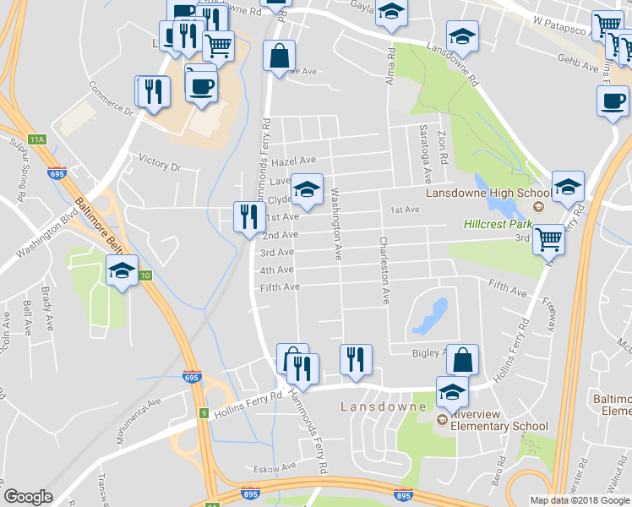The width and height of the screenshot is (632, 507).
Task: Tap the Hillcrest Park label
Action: [x=498, y=225]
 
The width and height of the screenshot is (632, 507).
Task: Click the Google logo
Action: [x=28, y=497]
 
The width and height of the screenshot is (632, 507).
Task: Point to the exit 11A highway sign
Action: [x=35, y=139]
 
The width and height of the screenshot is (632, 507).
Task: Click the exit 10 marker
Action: [x=145, y=275]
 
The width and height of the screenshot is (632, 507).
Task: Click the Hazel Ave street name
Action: [x=294, y=161]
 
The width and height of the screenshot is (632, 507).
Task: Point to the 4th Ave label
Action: [x=276, y=270]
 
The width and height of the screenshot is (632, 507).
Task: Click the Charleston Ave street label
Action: [x=384, y=270]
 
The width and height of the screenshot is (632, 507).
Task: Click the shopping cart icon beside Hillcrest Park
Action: [x=549, y=240]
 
